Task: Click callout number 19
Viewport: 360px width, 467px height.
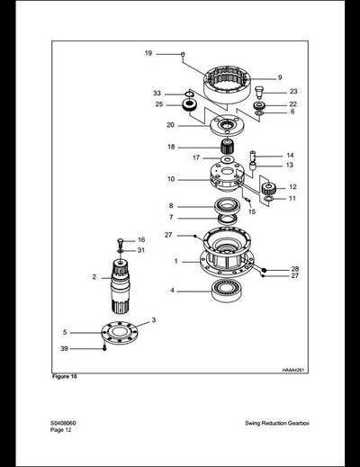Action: (148, 54)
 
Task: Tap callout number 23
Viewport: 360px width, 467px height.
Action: (292, 91)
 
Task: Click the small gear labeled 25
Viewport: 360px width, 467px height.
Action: (189, 106)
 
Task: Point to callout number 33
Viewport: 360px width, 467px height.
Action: (157, 93)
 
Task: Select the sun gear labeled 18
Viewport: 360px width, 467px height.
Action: (226, 148)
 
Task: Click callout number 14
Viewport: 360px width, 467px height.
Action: (290, 155)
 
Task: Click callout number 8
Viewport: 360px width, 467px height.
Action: (170, 206)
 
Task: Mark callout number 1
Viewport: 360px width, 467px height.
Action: (175, 262)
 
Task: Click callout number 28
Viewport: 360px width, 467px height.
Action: (293, 269)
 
